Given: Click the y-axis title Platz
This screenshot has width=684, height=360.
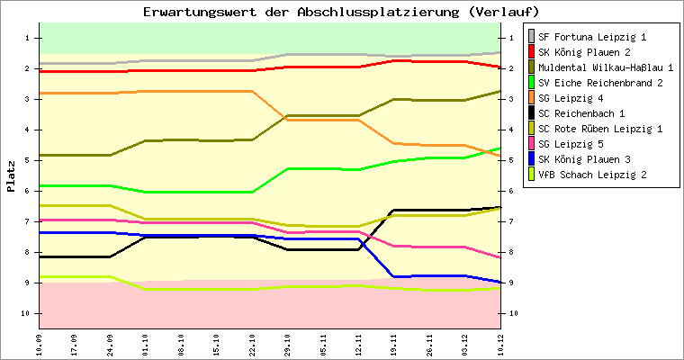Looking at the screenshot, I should tap(11, 176).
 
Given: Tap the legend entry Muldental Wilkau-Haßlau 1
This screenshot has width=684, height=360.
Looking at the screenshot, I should tap(606, 67).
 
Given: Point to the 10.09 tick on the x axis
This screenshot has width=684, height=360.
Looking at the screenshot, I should tap(40, 345).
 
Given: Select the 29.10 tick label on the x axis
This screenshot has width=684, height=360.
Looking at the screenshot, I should tap(288, 345).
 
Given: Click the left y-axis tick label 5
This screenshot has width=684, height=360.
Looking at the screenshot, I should tap(28, 160).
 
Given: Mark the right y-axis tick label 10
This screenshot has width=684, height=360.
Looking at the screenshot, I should tap(513, 313).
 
